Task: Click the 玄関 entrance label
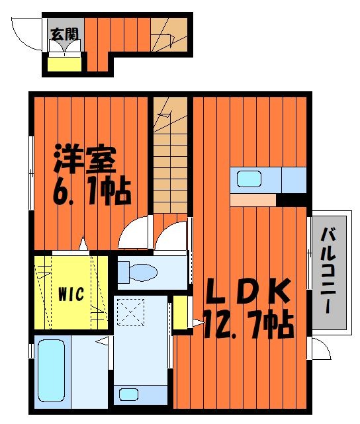click(x=64, y=34)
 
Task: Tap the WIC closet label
click(x=71, y=294)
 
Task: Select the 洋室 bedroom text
click(x=85, y=159)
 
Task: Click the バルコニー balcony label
click(x=328, y=271)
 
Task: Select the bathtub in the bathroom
click(x=52, y=370)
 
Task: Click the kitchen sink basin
click(x=249, y=179)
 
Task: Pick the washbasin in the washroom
click(x=129, y=394)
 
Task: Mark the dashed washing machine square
click(x=130, y=312)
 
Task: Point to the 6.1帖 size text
click(x=92, y=191)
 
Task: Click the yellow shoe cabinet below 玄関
click(x=65, y=64)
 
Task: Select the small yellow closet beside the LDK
click(x=180, y=312)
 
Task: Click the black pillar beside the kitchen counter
click(x=291, y=200)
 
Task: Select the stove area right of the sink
click(x=294, y=180)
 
